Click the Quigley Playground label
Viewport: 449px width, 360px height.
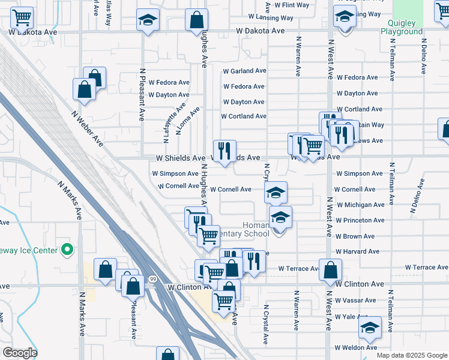coord(402,27)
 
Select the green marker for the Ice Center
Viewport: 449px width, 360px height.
coord(67,250)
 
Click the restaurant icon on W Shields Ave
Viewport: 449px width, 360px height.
coord(225,150)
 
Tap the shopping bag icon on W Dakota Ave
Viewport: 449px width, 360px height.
coord(196,20)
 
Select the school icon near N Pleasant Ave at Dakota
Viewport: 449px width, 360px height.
coord(147,20)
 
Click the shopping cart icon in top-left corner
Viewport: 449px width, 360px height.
coord(22,18)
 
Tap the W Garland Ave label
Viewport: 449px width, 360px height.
coord(244,71)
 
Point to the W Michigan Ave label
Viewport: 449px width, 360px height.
coord(360,205)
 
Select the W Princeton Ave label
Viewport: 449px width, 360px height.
coord(360,220)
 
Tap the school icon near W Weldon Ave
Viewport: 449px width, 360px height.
coord(370,327)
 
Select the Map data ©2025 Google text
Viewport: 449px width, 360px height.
coord(412,355)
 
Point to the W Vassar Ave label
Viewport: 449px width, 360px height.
coord(357,300)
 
